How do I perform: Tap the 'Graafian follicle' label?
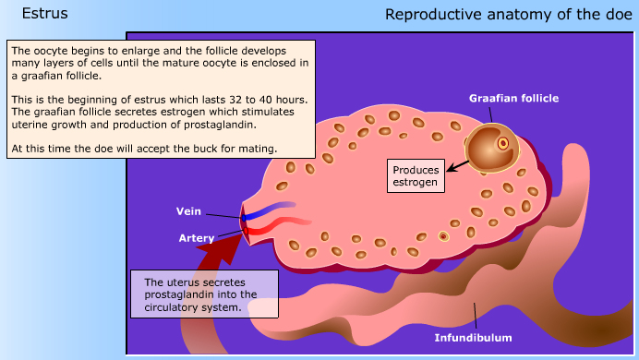(x=514, y=98)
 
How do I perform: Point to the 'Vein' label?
(x=188, y=211)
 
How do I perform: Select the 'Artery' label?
(x=196, y=238)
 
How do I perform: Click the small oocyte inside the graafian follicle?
(x=503, y=143)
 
